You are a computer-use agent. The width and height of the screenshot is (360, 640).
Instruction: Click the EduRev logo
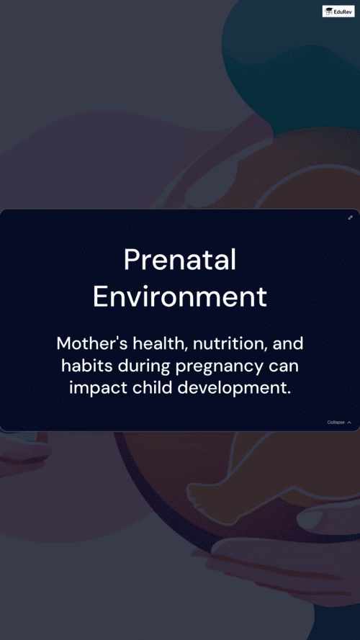338,11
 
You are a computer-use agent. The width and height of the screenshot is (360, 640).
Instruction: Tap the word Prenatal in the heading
180,260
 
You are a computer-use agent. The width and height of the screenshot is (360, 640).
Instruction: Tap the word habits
87,366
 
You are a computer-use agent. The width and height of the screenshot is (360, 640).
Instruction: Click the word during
145,367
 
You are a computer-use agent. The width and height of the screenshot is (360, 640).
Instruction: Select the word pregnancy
220,367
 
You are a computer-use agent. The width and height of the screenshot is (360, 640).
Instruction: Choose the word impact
99,389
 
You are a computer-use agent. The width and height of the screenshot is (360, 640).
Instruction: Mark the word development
234,389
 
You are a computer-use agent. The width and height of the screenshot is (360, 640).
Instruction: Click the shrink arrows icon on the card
350,217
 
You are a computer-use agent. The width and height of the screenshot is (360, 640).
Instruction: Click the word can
284,366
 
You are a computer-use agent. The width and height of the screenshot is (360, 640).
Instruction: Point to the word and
288,343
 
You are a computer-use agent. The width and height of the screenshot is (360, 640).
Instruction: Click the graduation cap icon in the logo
328,12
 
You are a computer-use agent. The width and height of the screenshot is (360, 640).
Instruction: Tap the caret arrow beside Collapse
349,423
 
